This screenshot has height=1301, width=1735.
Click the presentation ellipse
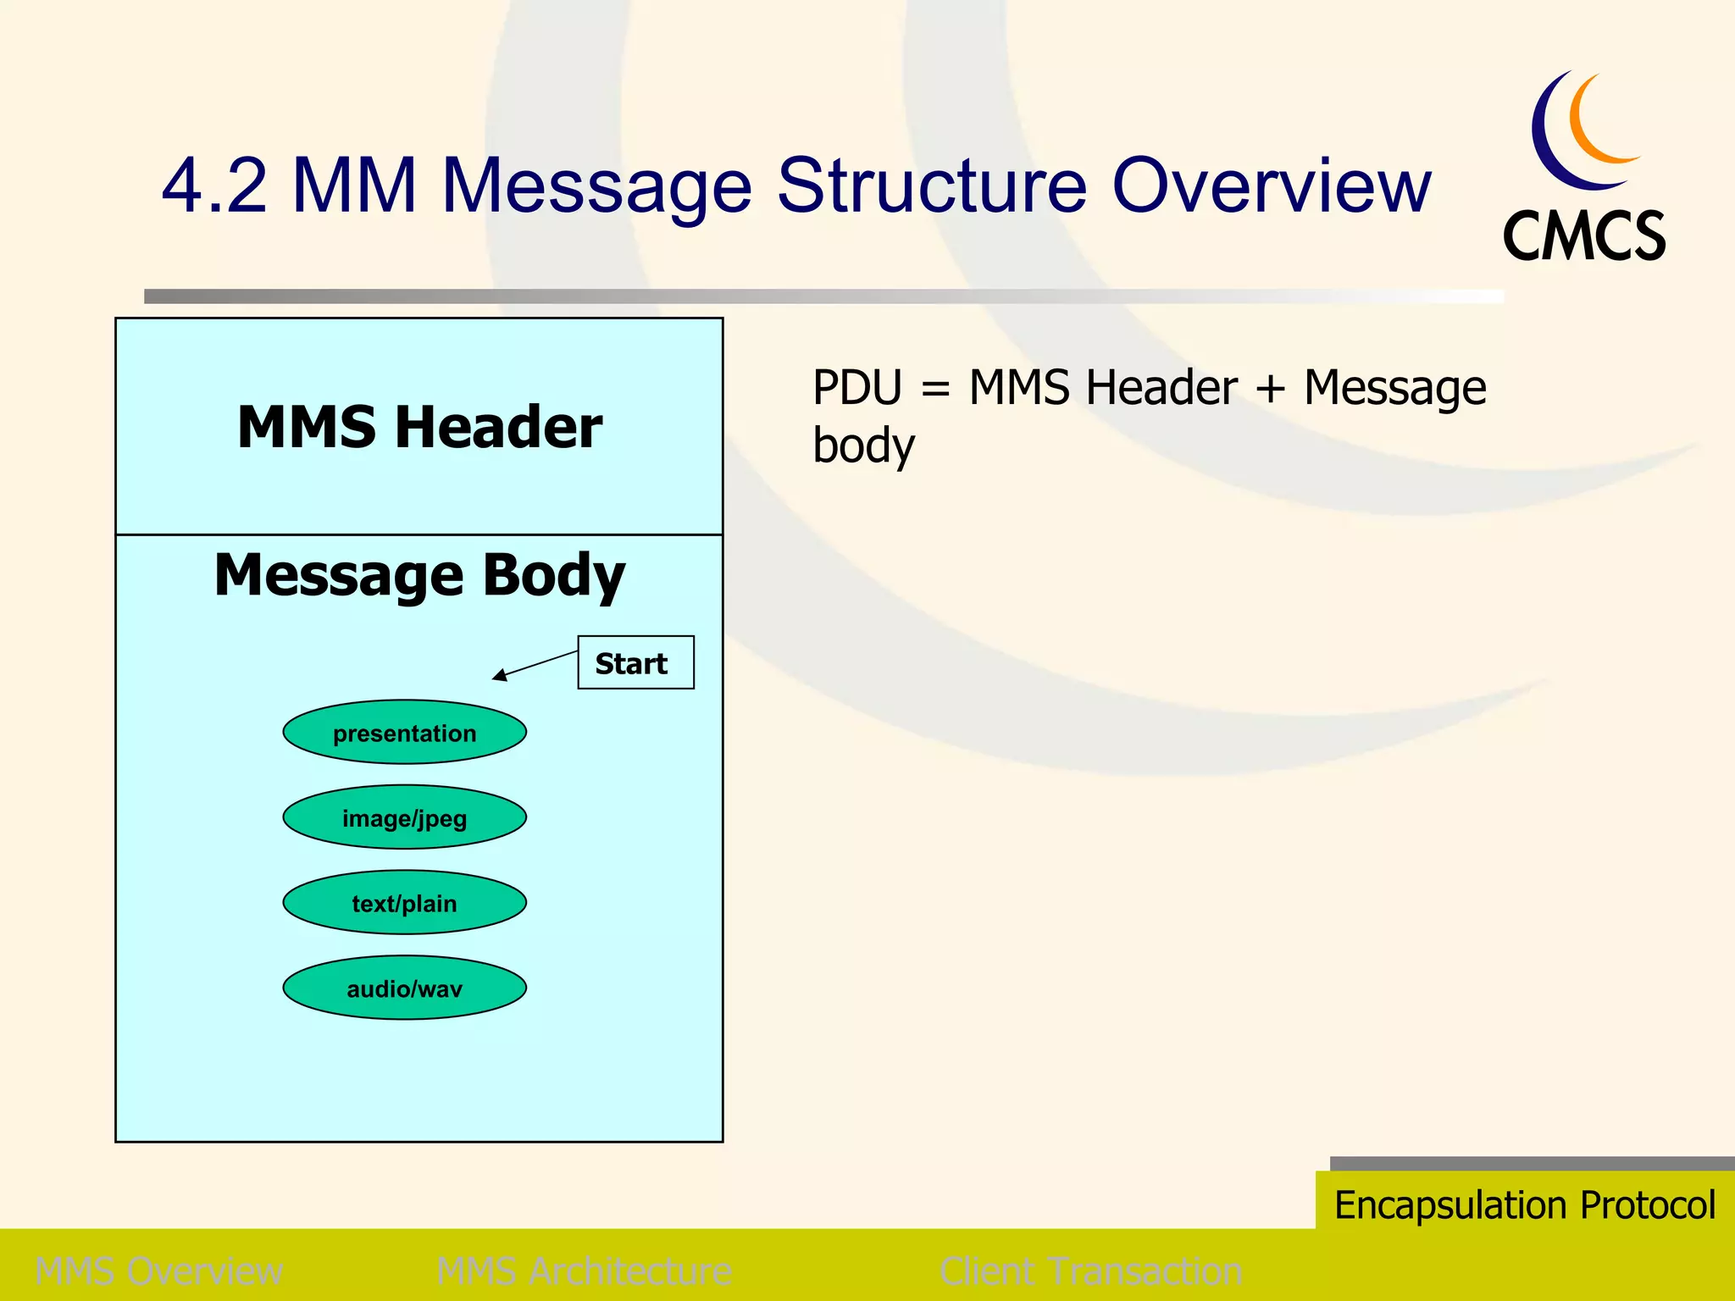tap(404, 732)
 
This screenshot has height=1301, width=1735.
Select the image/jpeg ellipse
tap(404, 817)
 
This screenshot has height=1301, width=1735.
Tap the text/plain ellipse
tap(404, 903)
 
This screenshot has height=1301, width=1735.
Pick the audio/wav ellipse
tap(404, 988)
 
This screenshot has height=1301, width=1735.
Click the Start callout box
tap(635, 662)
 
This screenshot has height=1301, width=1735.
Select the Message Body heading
tap(419, 576)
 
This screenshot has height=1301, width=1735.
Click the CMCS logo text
tap(1583, 236)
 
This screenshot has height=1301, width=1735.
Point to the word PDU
tap(857, 388)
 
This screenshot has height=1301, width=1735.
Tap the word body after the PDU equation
tap(863, 446)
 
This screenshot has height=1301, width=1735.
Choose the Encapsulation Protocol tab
tap(1524, 1204)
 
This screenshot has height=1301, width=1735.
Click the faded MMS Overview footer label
tap(159, 1271)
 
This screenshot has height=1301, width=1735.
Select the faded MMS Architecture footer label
tap(584, 1271)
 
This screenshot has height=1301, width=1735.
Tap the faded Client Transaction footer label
tap(1090, 1271)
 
